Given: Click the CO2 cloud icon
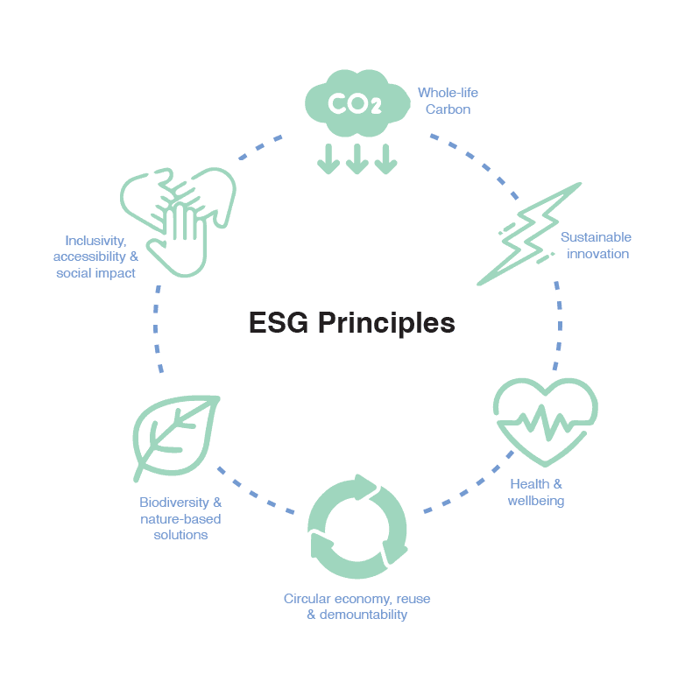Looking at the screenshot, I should point(356,103).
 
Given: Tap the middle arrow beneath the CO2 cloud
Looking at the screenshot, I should point(357,158).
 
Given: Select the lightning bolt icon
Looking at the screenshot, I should point(529,235).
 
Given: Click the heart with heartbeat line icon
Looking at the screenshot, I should point(545,421).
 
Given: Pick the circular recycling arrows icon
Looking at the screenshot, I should point(357,527).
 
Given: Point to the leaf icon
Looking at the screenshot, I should point(174,435).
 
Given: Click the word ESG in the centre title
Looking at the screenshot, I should point(279,323).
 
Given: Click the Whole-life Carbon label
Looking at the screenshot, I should point(448,101).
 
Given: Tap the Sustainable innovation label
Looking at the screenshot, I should point(596,245).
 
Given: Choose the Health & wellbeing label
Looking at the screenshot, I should point(536,492).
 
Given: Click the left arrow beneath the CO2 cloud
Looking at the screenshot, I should point(328,158).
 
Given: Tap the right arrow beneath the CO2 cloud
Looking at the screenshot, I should point(385,158).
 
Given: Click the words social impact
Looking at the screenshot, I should point(95,273).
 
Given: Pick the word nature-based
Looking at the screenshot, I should point(180,519).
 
